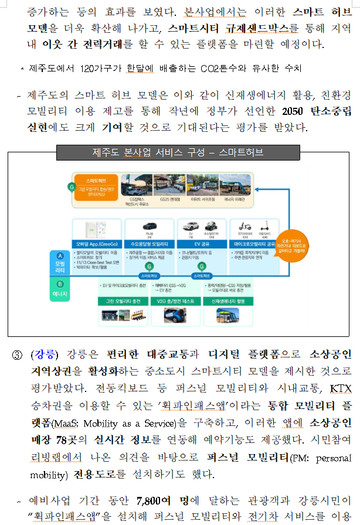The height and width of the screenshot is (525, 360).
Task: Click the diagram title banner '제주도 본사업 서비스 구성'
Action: (178, 152)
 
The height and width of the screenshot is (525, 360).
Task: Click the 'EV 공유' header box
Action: (201, 244)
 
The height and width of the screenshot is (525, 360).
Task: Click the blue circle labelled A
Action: (60, 255)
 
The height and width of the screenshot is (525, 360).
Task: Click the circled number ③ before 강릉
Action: (18, 354)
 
